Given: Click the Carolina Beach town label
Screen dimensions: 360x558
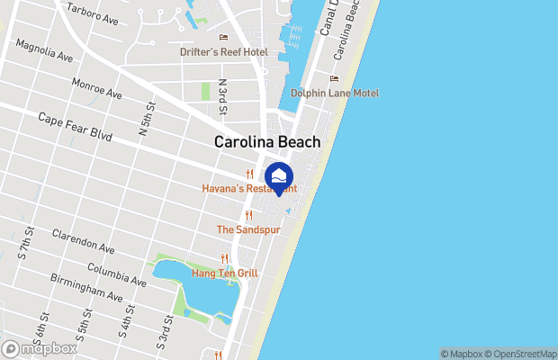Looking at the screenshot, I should click(x=266, y=142).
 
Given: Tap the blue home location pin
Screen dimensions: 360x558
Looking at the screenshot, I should click(x=281, y=176).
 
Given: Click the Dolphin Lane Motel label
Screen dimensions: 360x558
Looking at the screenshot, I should click(x=334, y=93).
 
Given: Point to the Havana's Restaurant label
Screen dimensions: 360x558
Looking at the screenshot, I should click(x=248, y=188).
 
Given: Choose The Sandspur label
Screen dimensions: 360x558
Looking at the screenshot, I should click(x=248, y=229).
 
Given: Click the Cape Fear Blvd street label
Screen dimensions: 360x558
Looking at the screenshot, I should click(x=75, y=127).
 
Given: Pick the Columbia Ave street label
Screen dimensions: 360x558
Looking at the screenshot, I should click(x=116, y=274).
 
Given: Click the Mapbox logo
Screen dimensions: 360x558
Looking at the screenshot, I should click(x=40, y=348).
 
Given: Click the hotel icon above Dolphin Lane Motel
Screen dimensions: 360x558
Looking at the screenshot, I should click(x=334, y=78).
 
